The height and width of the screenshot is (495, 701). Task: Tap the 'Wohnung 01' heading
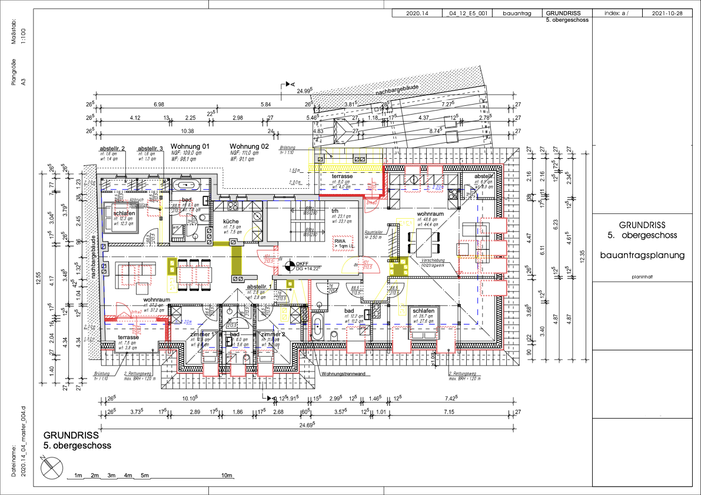coord(190,146)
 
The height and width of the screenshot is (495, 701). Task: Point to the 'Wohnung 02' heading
coord(249,146)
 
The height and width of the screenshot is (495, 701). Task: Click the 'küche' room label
coord(231,221)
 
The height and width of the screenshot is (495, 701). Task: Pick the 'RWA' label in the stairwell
coord(340,241)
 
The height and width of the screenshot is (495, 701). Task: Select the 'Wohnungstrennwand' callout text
coord(343,373)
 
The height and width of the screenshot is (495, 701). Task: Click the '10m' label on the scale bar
coord(227,475)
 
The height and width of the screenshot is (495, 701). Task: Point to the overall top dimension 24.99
coord(304,91)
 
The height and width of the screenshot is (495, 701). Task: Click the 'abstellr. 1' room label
coord(260,286)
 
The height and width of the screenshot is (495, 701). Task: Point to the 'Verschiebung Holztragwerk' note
coord(436,263)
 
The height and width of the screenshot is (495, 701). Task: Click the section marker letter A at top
coord(293,85)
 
